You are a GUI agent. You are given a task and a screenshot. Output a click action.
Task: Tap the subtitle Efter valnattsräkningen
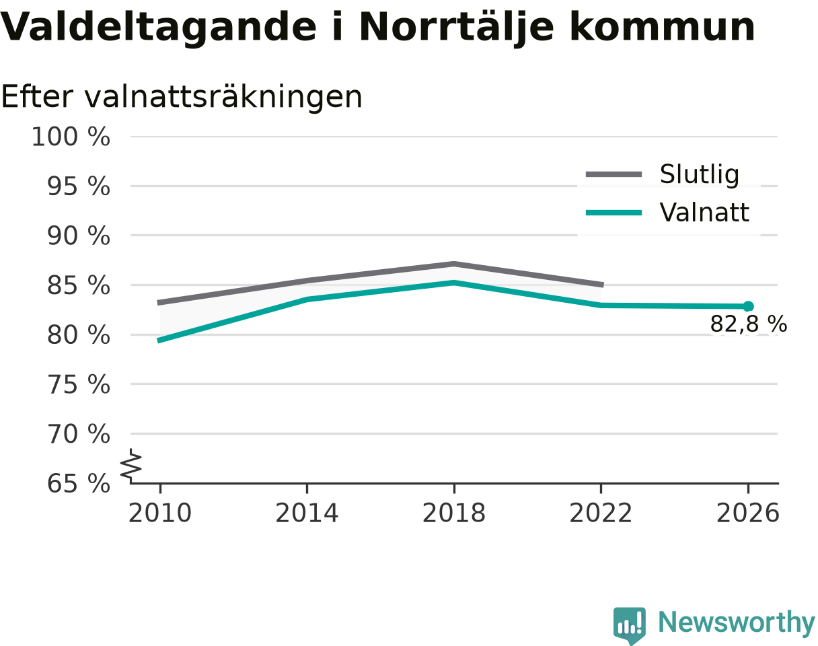[x=182, y=98]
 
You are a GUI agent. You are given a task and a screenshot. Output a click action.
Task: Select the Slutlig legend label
[x=700, y=175]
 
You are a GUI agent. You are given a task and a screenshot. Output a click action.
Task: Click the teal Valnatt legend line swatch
[x=613, y=213]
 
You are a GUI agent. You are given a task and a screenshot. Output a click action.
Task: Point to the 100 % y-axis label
[x=71, y=137]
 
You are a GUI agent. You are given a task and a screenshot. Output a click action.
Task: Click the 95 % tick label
[x=79, y=186]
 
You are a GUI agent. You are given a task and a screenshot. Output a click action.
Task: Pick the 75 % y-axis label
[x=79, y=385]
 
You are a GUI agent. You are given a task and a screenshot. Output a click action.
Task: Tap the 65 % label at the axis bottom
[x=79, y=484]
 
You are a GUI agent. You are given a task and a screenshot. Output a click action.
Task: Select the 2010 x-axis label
[x=160, y=513]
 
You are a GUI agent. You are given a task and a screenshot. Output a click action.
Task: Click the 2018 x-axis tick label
[x=454, y=513]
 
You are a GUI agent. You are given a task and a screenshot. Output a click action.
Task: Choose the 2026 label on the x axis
[x=747, y=513]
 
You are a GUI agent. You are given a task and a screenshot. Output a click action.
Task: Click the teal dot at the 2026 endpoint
[x=748, y=306]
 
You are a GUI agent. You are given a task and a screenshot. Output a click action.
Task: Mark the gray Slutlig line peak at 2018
[x=454, y=264]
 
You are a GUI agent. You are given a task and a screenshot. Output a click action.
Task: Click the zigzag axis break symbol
[x=131, y=463]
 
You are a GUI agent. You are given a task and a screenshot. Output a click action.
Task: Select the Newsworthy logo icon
[x=630, y=625]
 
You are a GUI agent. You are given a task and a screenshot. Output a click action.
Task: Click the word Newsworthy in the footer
[x=737, y=623]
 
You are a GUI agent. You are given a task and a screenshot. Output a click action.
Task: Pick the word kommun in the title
[x=662, y=28]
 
